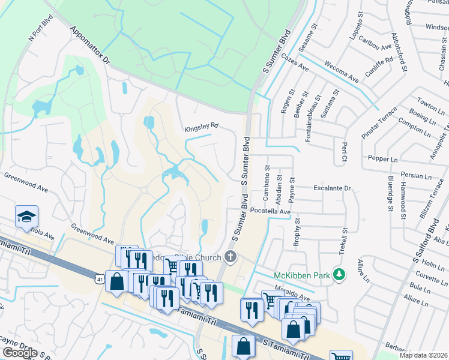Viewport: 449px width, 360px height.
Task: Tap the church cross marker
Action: click(x=230, y=257)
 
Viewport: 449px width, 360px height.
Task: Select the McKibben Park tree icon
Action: click(x=339, y=274)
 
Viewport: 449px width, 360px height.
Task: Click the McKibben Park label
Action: click(x=303, y=275)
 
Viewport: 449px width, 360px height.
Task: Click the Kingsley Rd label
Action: click(x=201, y=127)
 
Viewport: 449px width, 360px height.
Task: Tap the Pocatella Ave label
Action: click(x=270, y=212)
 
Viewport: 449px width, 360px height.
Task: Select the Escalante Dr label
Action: click(x=331, y=188)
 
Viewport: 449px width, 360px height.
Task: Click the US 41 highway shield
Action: click(x=99, y=278)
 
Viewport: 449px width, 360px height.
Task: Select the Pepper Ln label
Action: click(x=385, y=160)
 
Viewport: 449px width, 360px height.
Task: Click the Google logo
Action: click(x=20, y=353)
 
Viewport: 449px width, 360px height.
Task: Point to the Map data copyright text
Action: click(x=423, y=355)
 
